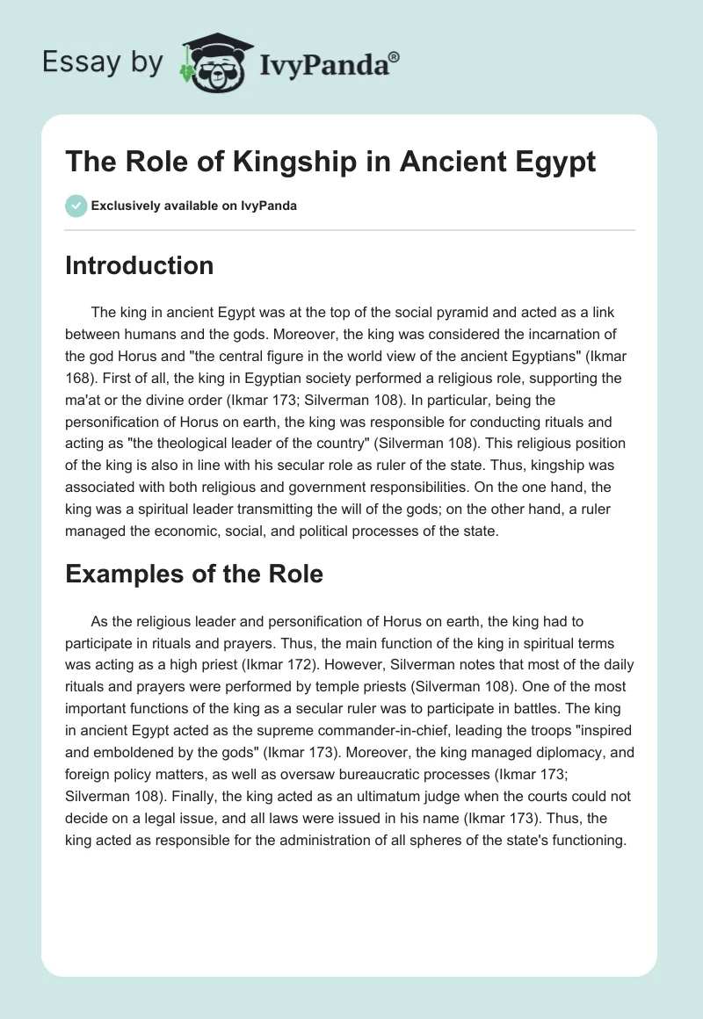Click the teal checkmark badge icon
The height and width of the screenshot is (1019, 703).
[76, 207]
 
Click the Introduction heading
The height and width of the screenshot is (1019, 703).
[139, 265]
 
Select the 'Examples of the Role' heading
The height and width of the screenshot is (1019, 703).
[194, 574]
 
